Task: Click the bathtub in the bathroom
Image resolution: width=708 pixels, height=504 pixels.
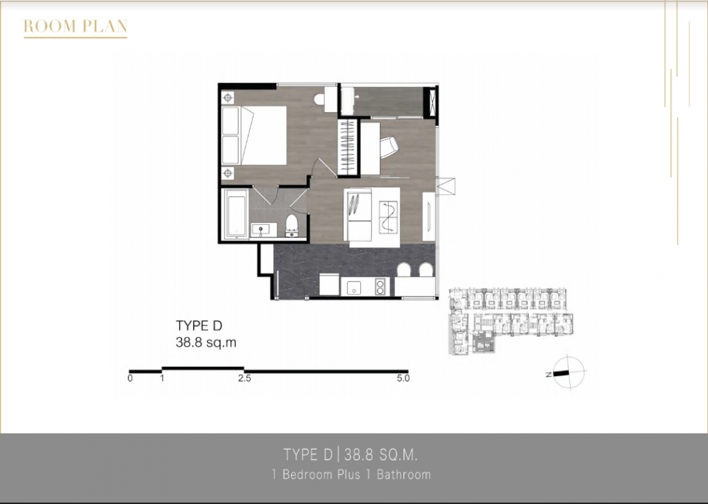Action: [236, 213]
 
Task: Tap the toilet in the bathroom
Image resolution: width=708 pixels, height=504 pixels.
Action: [292, 225]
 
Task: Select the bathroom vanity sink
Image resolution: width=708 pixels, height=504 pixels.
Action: [263, 230]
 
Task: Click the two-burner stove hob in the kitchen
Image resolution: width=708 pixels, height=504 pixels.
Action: [382, 286]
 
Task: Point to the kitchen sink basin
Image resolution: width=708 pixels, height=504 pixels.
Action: [354, 287]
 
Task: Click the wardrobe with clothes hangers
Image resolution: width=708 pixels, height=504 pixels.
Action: [348, 147]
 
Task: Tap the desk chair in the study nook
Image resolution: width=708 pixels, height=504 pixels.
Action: [388, 148]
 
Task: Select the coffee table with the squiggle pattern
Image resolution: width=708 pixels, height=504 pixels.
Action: [389, 217]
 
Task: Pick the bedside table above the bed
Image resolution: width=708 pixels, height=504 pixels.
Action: [228, 98]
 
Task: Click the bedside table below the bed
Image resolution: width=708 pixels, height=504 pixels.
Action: [228, 172]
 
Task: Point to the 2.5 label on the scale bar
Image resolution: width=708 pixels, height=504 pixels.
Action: [244, 378]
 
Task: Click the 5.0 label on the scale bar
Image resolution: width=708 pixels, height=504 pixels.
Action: [404, 378]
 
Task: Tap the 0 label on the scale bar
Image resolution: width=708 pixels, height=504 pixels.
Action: [130, 378]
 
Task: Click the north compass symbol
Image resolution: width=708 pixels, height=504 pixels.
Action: [568, 373]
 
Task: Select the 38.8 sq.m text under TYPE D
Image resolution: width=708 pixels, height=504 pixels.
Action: [206, 343]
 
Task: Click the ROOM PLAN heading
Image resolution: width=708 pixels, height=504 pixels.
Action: [76, 27]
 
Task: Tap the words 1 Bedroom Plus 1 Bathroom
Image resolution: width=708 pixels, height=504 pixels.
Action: [351, 474]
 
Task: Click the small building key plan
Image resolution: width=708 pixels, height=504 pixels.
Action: [510, 321]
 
